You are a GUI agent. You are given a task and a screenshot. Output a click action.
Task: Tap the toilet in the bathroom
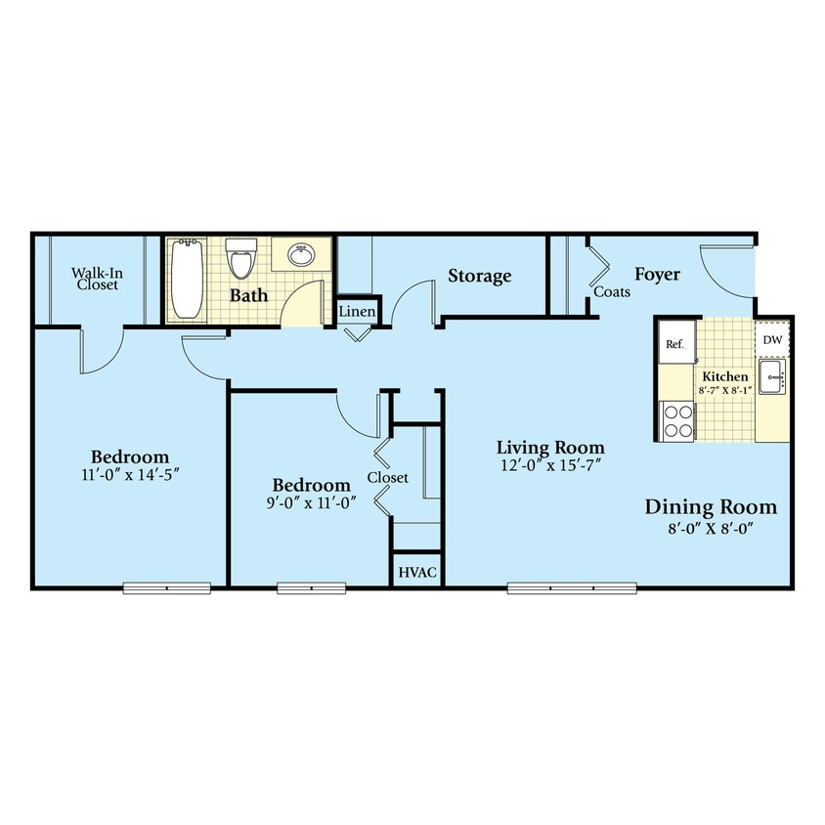239,259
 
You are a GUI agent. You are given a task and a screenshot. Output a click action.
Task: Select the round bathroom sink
300,256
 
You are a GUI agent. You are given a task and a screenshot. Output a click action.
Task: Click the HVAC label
416,572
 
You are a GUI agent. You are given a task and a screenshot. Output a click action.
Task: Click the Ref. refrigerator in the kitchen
674,343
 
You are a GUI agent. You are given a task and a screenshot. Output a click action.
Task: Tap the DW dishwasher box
772,340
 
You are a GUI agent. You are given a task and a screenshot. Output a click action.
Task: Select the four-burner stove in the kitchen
676,420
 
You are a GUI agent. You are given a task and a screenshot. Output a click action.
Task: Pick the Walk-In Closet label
95,279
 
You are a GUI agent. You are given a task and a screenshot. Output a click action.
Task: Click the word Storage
479,276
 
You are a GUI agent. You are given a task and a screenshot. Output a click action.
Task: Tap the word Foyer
657,274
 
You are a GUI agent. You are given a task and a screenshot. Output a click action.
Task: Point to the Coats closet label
612,291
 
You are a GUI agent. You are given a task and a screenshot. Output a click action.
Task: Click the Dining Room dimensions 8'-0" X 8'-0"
711,529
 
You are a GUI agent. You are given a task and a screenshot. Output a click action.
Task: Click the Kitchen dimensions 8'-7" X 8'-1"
724,390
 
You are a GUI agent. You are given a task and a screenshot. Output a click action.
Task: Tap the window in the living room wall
572,587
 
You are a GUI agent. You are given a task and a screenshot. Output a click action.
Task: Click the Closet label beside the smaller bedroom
388,477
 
